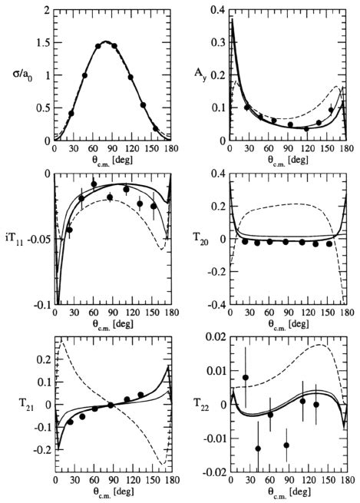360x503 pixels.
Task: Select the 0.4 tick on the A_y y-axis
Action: coord(216,11)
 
